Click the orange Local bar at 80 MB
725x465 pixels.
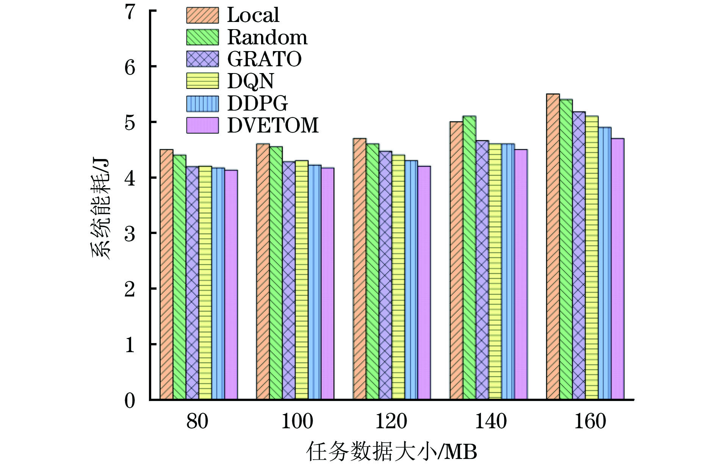pyautogui.click(x=166, y=275)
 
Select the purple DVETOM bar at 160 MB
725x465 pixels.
pyautogui.click(x=617, y=269)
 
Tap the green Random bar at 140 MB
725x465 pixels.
pyautogui.click(x=469, y=257)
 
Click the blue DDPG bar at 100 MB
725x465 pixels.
pyautogui.click(x=315, y=282)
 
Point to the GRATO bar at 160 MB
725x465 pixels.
pyautogui.click(x=579, y=256)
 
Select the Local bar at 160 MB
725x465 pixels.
pyautogui.click(x=553, y=247)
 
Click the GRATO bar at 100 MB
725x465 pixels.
pyautogui.click(x=289, y=281)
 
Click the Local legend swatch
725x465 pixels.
pyautogui.click(x=202, y=15)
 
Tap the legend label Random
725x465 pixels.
pyautogui.click(x=267, y=37)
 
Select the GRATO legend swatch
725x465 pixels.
pyautogui.click(x=202, y=59)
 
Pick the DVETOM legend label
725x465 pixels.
pyautogui.click(x=273, y=125)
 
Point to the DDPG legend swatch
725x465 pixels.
pyautogui.click(x=202, y=103)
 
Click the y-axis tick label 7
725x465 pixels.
pyautogui.click(x=130, y=12)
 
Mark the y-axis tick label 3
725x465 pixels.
pyautogui.click(x=130, y=234)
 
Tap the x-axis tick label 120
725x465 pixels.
pyautogui.click(x=391, y=421)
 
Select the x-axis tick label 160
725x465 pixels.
pyautogui.click(x=590, y=421)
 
